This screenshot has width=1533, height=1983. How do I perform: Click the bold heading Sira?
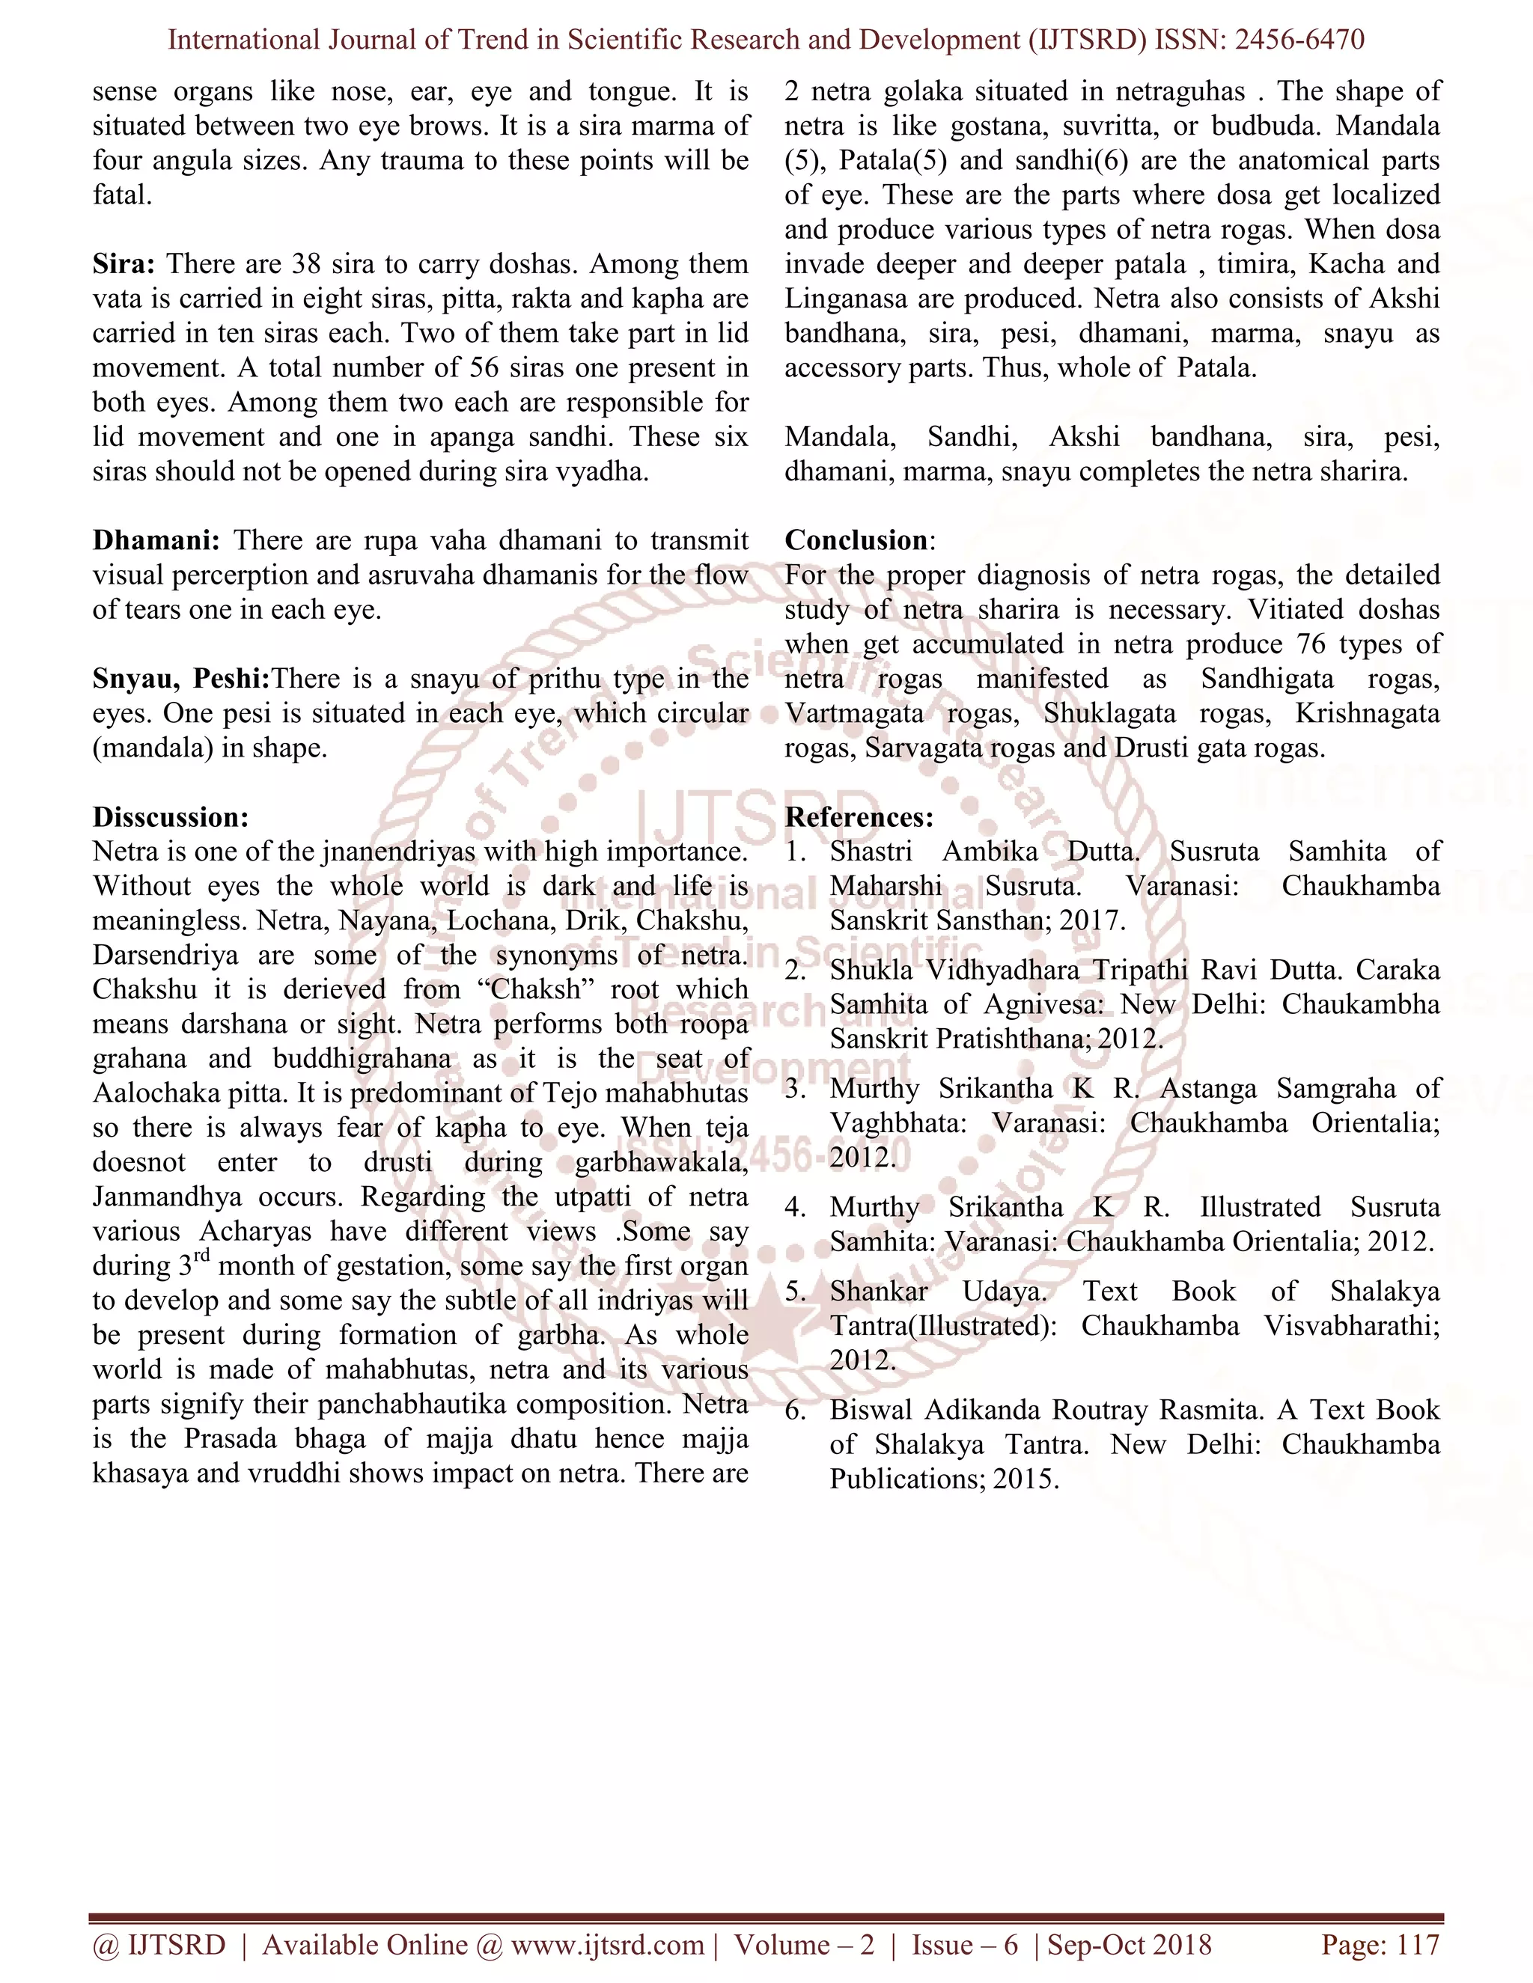(x=124, y=264)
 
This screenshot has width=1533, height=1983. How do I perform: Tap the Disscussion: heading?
(x=171, y=817)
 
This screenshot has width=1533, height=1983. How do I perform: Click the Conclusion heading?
(x=856, y=540)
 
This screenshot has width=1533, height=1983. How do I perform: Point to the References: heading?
(x=859, y=817)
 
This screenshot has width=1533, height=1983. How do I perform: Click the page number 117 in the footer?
(x=1418, y=1944)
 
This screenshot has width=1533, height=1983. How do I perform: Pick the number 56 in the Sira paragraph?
(x=489, y=367)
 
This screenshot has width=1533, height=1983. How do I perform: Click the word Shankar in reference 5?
(x=878, y=1291)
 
